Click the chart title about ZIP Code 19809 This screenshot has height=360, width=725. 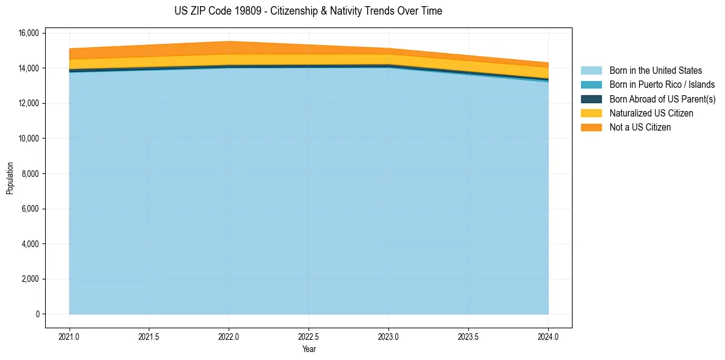[308, 11]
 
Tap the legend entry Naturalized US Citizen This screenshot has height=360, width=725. [651, 113]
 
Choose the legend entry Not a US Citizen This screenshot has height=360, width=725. [640, 128]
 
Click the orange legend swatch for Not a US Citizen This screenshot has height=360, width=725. [591, 128]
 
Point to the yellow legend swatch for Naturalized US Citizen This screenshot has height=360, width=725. [591, 113]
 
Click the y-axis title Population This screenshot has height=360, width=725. [10, 178]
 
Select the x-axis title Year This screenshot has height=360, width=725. [309, 349]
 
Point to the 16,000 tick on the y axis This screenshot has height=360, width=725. [29, 33]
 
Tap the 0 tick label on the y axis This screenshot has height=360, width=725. [37, 314]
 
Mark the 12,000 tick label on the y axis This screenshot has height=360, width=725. [29, 103]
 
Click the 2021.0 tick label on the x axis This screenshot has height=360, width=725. [70, 336]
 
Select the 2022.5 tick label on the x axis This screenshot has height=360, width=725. [309, 336]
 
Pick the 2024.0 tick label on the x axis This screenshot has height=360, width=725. [548, 336]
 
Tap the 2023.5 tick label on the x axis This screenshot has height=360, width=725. [468, 336]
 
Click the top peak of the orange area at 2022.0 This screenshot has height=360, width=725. [229, 41]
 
